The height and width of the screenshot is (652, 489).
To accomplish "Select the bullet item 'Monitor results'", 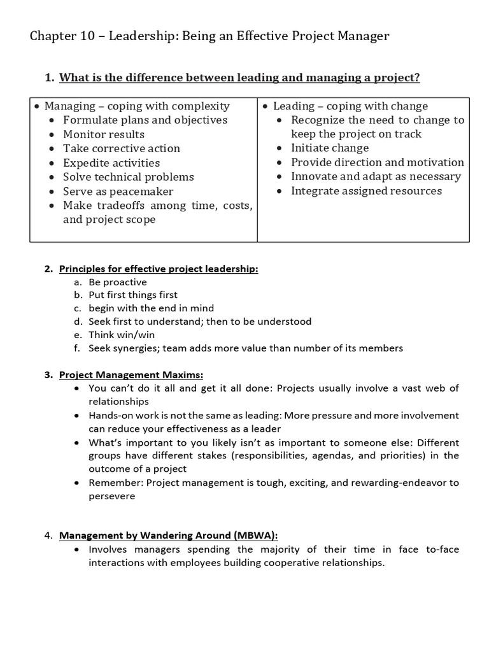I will click(x=103, y=134).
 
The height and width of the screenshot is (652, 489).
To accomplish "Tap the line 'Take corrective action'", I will click(x=121, y=148).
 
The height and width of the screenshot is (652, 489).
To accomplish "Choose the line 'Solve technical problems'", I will click(x=128, y=177).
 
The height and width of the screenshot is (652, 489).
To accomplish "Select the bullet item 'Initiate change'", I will click(x=330, y=148).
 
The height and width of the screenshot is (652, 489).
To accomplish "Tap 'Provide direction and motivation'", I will click(x=378, y=162).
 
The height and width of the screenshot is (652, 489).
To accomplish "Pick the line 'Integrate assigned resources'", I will click(x=366, y=191).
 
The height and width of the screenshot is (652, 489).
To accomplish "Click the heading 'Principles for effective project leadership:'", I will click(x=159, y=269).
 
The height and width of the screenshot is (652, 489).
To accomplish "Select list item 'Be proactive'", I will click(x=118, y=282).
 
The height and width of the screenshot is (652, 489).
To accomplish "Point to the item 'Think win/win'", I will click(x=122, y=335).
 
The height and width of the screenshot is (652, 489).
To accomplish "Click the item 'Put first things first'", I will click(x=133, y=295).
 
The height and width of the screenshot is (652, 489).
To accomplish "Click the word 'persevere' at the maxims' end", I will click(x=111, y=495).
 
